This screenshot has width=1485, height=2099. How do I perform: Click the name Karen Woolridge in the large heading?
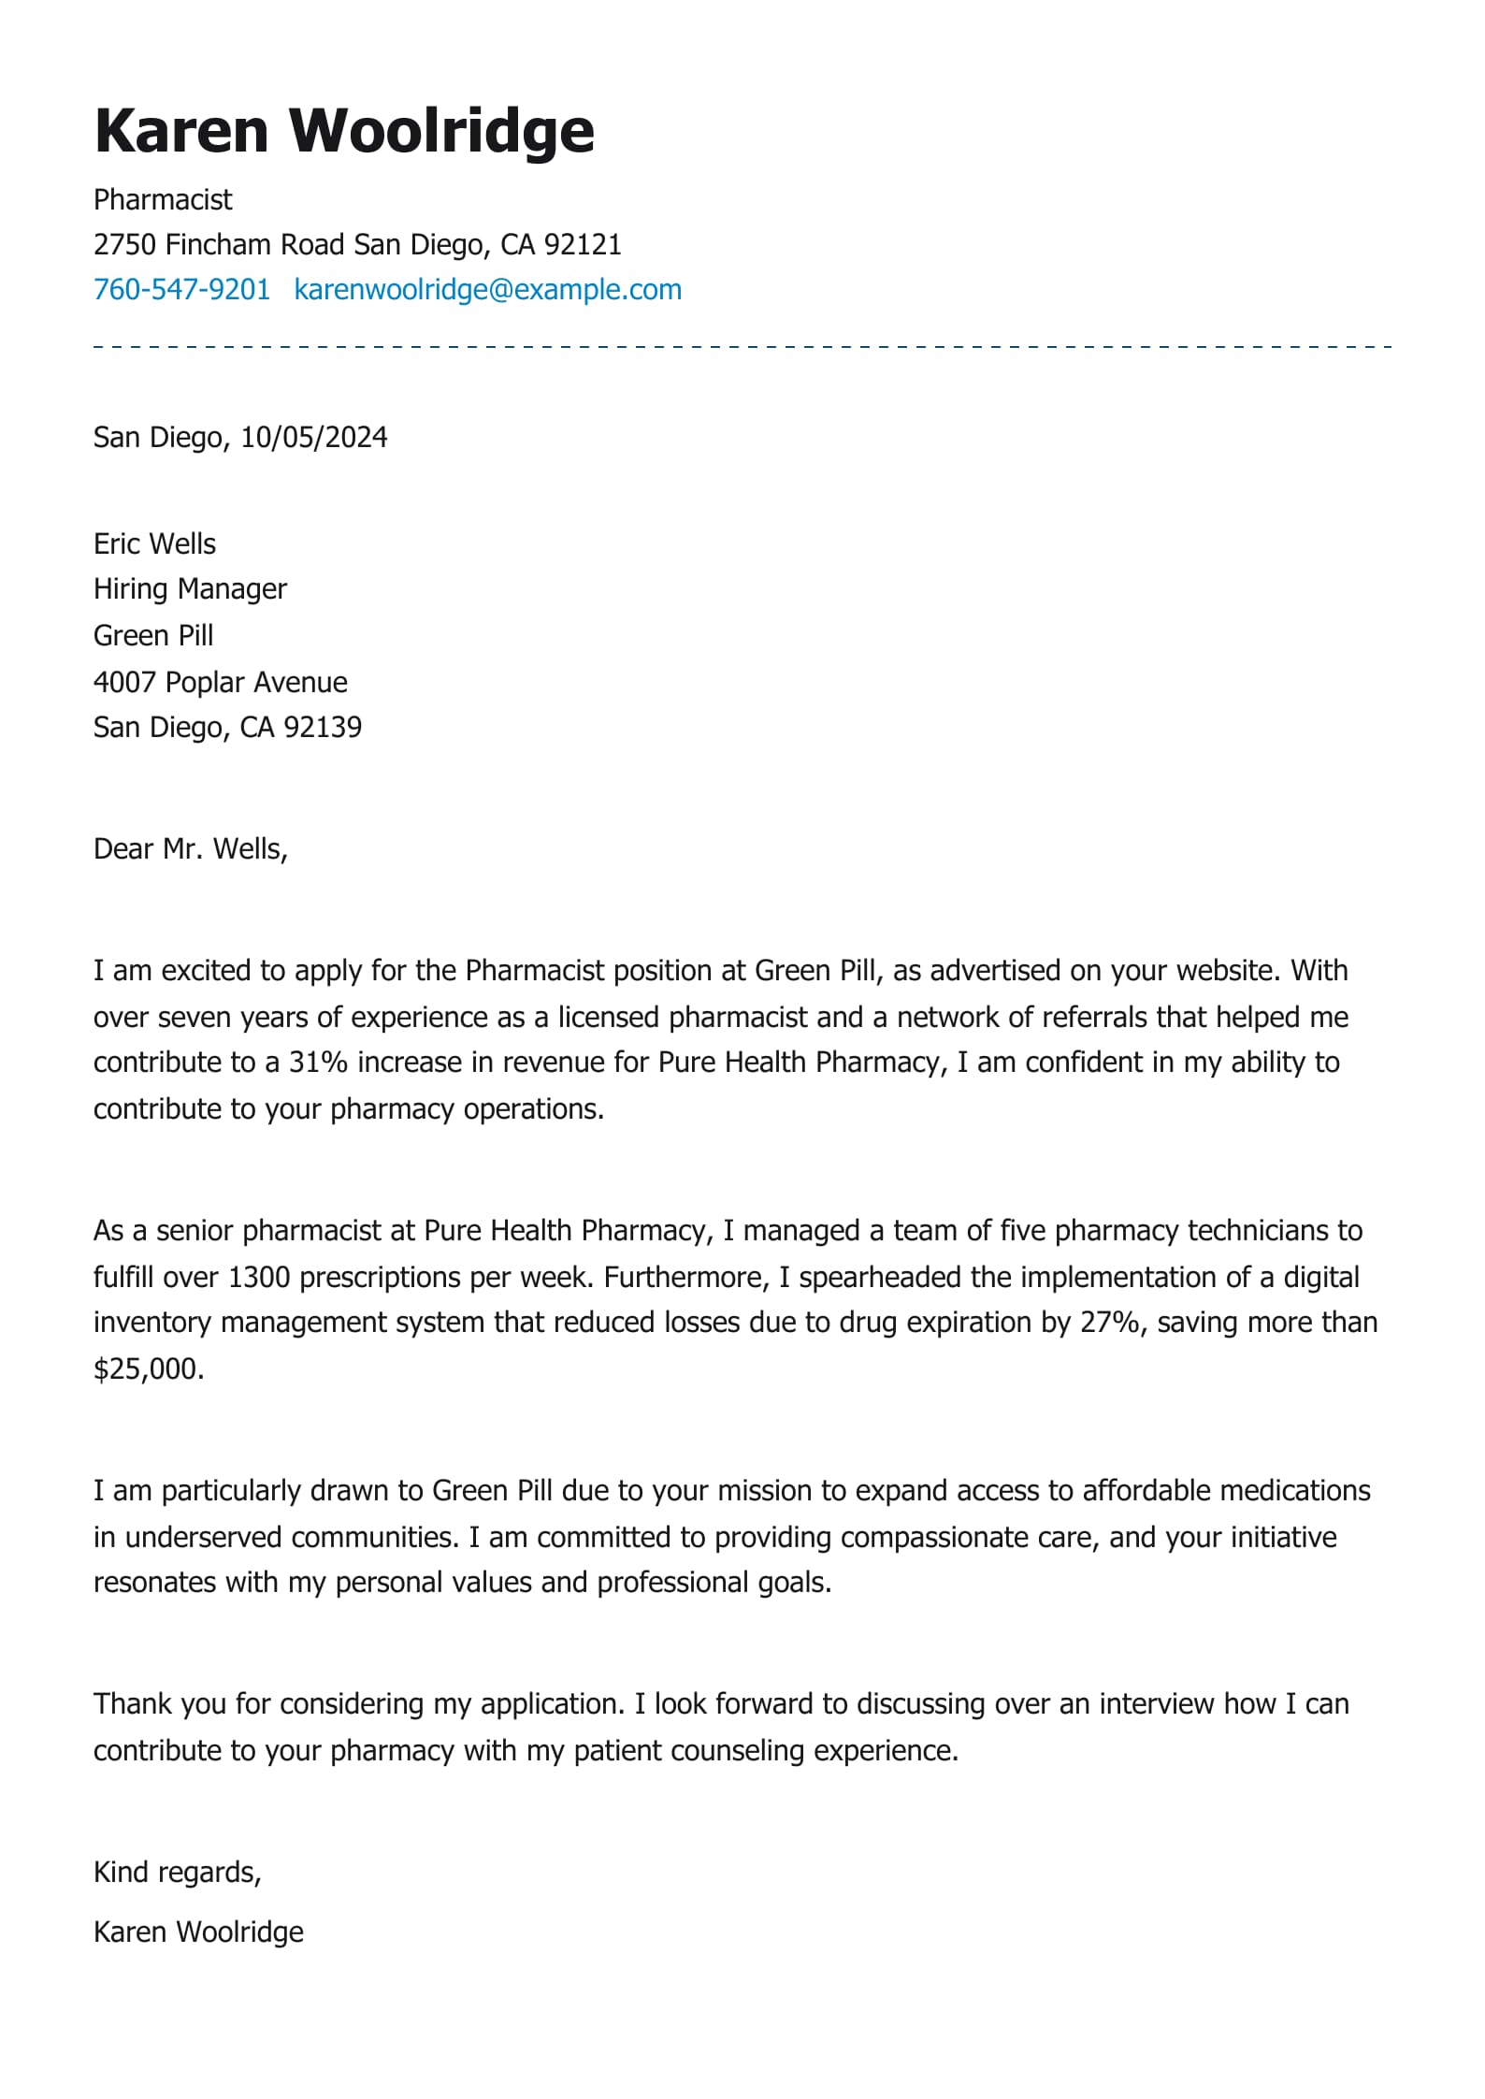coord(344,130)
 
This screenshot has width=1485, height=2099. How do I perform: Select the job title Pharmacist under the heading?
coord(163,199)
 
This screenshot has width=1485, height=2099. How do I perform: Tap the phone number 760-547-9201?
coord(181,289)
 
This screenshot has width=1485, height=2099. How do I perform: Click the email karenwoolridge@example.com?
coord(487,289)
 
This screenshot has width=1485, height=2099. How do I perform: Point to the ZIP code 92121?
coord(583,244)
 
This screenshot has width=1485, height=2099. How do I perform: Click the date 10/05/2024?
coord(313,437)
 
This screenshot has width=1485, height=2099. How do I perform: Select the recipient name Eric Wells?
coord(154,543)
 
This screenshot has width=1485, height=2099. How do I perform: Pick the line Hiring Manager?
coord(190,588)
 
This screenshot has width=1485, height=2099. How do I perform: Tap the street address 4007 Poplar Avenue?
coord(220,682)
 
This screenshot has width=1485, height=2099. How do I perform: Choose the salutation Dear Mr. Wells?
coord(190,848)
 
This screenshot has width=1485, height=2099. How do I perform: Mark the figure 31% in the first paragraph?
coord(318,1062)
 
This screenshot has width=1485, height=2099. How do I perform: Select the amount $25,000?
coord(148,1368)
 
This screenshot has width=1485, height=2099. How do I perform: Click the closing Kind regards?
coord(177,1872)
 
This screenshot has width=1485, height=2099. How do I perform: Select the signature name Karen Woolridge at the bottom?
coord(198,1932)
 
